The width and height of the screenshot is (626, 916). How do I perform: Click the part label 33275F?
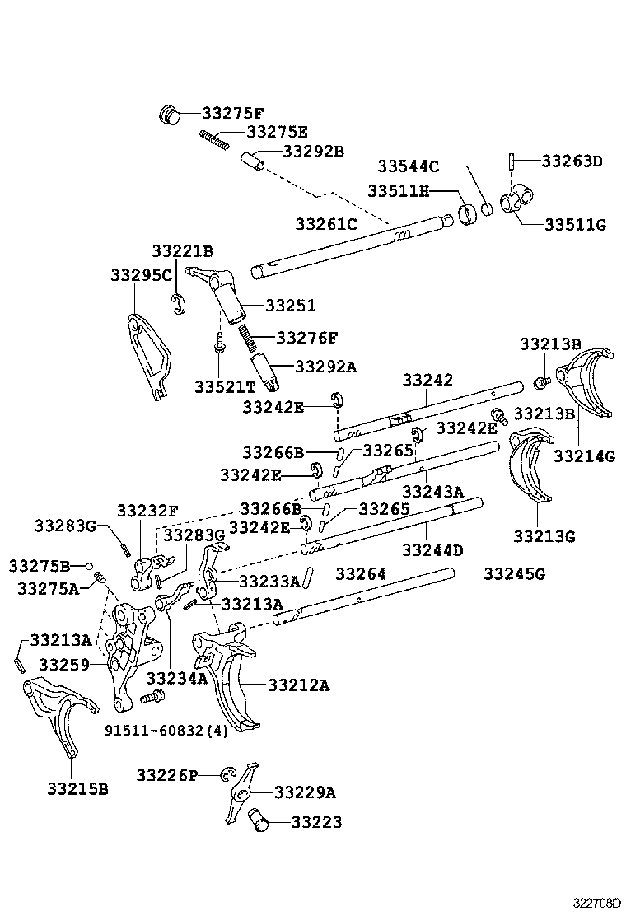click(x=232, y=113)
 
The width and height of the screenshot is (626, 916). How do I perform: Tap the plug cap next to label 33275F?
click(x=169, y=114)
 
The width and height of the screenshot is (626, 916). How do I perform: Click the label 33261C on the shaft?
click(x=326, y=223)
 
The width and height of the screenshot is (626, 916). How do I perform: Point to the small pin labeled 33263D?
click(x=512, y=161)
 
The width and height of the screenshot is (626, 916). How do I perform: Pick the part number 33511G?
click(x=574, y=223)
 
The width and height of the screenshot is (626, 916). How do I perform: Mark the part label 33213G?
click(x=544, y=535)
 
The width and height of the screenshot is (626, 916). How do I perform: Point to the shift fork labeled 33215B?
click(x=55, y=717)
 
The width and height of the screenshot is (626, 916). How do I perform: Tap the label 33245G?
click(x=514, y=573)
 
